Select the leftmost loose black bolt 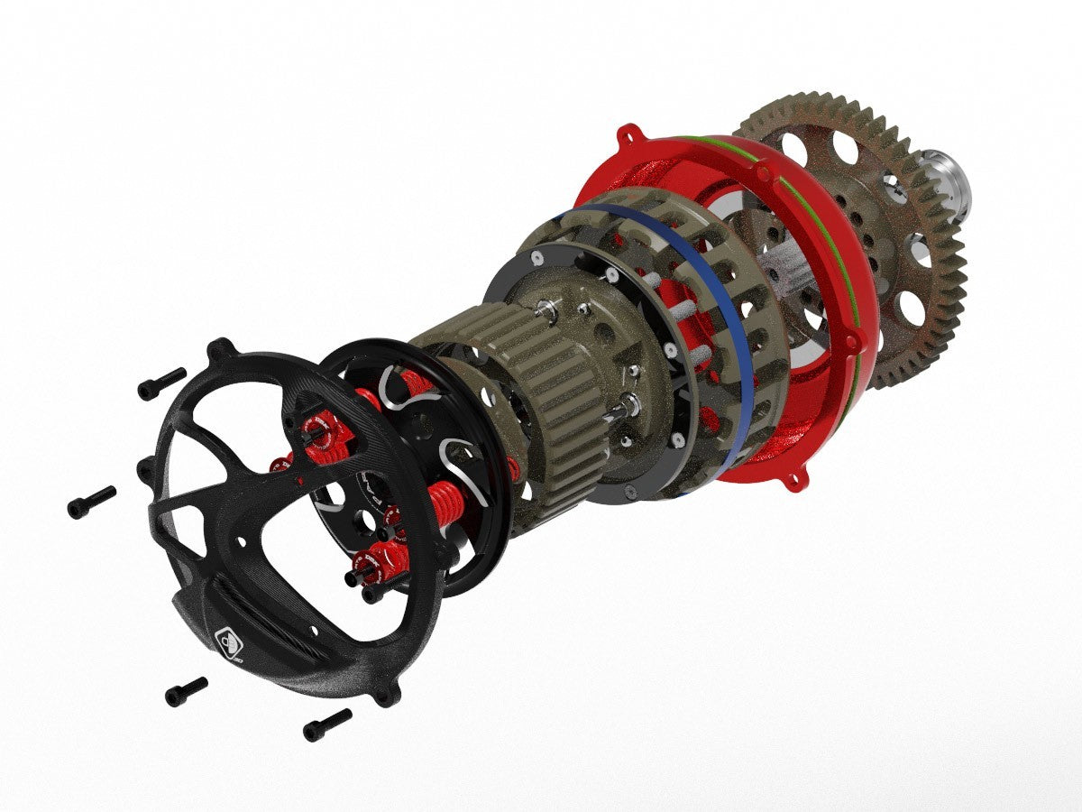pyautogui.click(x=91, y=502)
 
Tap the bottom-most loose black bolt pyautogui.click(x=326, y=724)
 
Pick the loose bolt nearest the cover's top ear pyautogui.click(x=161, y=383)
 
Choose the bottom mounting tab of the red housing pyautogui.click(x=792, y=478)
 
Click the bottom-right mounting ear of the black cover pyautogui.click(x=387, y=695)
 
